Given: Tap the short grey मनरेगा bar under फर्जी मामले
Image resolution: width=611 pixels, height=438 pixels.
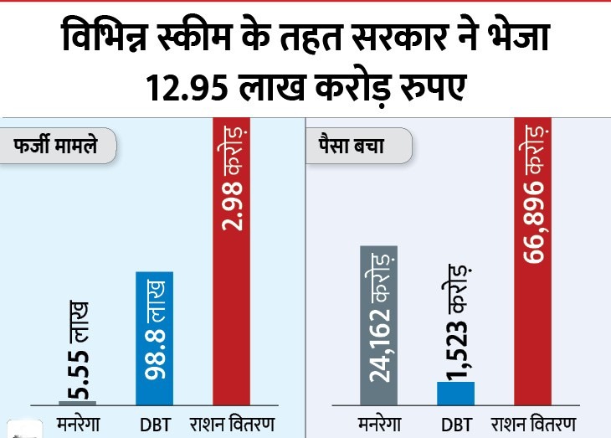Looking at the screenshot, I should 78,402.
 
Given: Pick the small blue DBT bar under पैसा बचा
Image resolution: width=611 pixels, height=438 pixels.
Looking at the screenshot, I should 455,393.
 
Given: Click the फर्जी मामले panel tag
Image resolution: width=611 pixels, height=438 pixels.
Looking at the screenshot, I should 55,147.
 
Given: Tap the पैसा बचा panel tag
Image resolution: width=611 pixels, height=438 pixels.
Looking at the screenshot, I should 352,147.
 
